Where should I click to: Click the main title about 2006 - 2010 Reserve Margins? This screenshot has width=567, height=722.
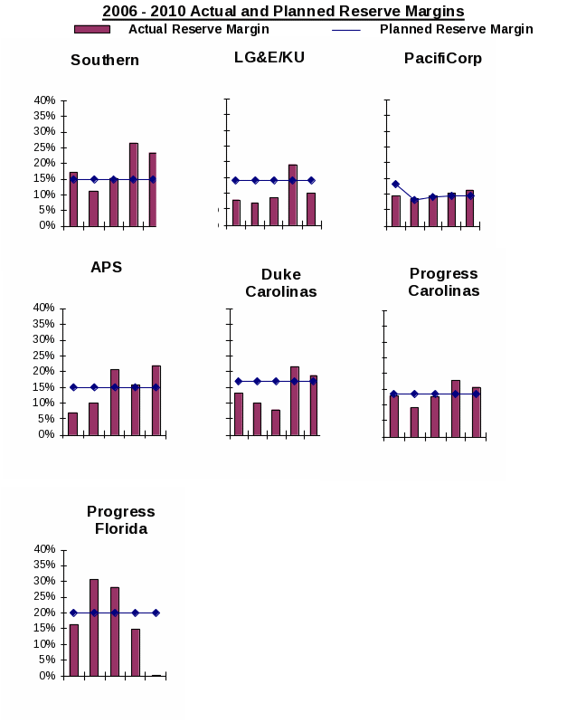283,12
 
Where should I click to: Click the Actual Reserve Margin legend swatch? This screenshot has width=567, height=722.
92,29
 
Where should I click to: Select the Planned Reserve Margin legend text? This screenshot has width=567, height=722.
456,29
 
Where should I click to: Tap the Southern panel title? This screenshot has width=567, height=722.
105,61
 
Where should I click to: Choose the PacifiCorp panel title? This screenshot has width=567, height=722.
443,59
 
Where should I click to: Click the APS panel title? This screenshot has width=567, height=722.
106,267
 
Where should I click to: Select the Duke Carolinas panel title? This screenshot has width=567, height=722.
280,282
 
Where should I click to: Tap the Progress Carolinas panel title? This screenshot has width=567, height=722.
443,281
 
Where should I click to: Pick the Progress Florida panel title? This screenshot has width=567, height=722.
121,519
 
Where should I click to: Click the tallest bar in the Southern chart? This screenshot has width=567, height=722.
133,185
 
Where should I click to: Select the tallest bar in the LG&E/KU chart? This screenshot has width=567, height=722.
292,195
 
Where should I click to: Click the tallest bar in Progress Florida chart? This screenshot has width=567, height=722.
94,627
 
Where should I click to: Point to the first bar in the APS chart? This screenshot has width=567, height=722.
72,423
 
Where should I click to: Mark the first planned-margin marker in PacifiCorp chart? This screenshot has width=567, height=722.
395,184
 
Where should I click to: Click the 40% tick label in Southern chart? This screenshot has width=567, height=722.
44,100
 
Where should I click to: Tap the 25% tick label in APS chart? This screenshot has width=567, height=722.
44,356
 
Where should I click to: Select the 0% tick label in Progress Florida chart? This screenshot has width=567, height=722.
48,676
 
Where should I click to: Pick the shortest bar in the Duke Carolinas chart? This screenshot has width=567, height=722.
276,423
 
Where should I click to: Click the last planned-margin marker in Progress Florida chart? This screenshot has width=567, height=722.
156,613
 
